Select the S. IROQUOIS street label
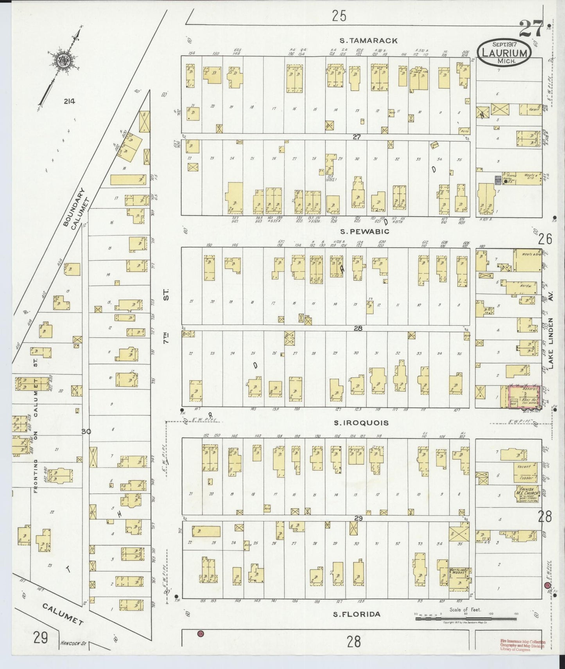pyautogui.click(x=361, y=423)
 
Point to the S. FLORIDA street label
pyautogui.click(x=356, y=614)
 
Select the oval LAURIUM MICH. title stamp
pyautogui.click(x=504, y=52)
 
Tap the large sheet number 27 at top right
pyautogui.click(x=531, y=28)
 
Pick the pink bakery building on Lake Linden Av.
pyautogui.click(x=524, y=396)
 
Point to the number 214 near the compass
pyautogui.click(x=70, y=102)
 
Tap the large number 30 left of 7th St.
pyautogui.click(x=86, y=432)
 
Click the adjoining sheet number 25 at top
pyautogui.click(x=339, y=16)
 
